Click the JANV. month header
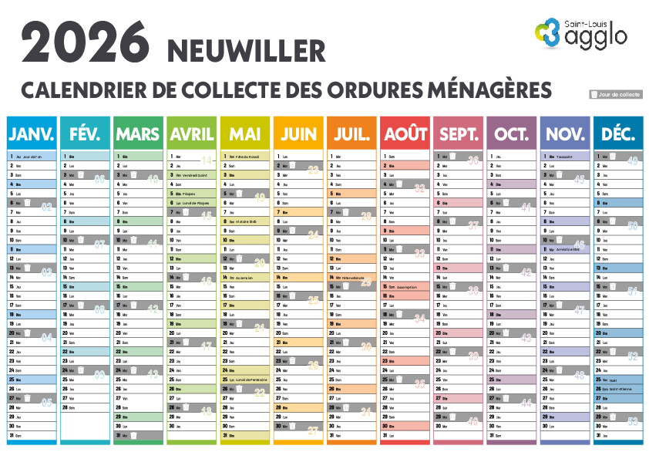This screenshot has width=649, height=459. pos(32,134)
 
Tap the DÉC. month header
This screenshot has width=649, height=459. pos(618,134)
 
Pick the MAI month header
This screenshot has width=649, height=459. pos(245,134)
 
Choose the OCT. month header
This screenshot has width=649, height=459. pos(512,134)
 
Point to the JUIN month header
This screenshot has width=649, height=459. pos(298,134)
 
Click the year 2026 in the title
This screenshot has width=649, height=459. pos(86,41)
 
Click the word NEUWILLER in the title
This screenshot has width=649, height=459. pos(246,51)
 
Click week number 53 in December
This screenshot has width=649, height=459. pos(633,421)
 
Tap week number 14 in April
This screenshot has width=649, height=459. pos(206,160)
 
